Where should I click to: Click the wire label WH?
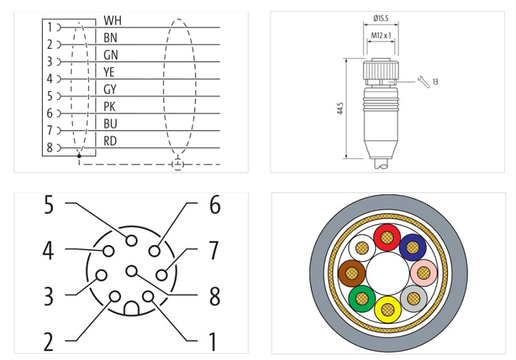[x=112, y=21]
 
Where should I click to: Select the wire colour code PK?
[x=110, y=106]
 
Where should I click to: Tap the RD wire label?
[x=110, y=140]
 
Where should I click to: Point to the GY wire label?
[x=110, y=89]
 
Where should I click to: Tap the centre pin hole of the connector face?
[x=131, y=270]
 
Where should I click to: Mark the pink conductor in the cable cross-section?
[x=422, y=274]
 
